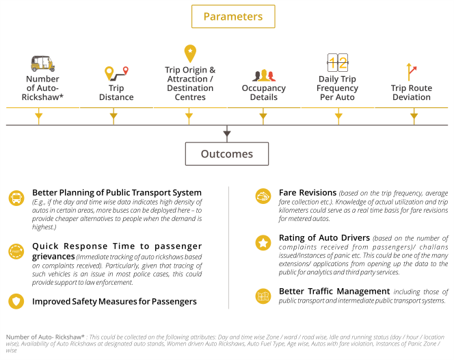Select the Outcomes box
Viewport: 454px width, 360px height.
click(226, 154)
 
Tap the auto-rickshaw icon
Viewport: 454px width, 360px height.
click(42, 64)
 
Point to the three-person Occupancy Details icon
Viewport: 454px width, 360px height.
click(263, 75)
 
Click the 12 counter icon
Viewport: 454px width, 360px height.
click(338, 64)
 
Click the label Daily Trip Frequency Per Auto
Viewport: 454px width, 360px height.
click(338, 88)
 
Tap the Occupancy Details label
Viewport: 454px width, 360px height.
click(263, 93)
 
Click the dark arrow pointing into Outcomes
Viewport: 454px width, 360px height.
click(227, 133)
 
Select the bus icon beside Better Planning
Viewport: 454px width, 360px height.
click(16, 198)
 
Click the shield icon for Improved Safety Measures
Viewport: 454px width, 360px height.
click(16, 301)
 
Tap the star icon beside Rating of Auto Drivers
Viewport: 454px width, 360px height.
click(262, 243)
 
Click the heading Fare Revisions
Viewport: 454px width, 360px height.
click(308, 193)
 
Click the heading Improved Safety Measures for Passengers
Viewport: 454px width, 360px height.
click(114, 301)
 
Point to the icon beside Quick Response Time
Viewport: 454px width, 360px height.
click(16, 250)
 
